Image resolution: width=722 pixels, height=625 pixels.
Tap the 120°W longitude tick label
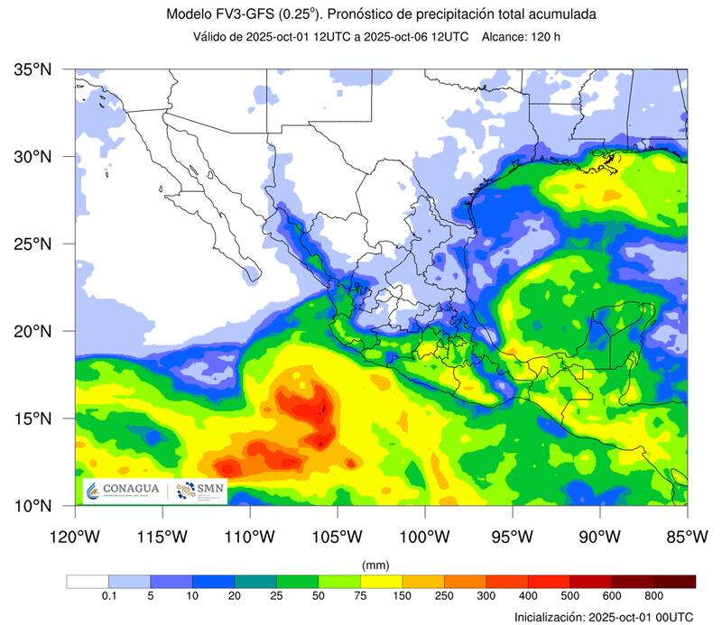(75, 537)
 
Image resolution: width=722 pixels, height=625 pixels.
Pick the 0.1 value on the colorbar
(108, 596)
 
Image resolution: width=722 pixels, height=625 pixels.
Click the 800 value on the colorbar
(654, 596)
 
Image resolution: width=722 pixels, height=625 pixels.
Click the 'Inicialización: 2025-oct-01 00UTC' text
(604, 617)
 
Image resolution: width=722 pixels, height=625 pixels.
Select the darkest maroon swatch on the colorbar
(675, 582)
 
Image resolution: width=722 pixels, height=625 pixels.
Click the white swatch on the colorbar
(87, 582)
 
